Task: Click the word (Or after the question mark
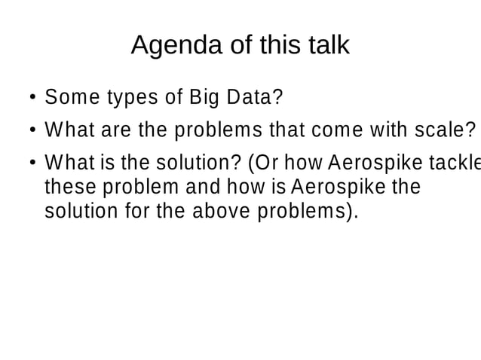[257, 163]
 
